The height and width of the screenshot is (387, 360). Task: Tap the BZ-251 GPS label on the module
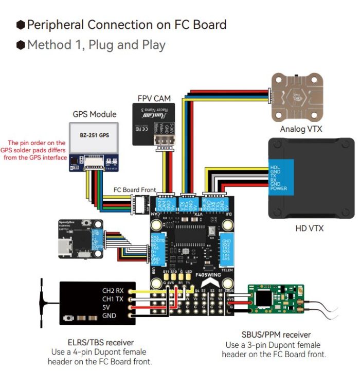[94, 135]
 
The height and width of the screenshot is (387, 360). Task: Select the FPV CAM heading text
[154, 98]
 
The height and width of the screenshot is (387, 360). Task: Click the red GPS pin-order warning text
[36, 150]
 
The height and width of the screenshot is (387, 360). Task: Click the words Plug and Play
[127, 45]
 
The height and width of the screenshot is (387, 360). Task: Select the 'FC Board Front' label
[135, 190]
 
